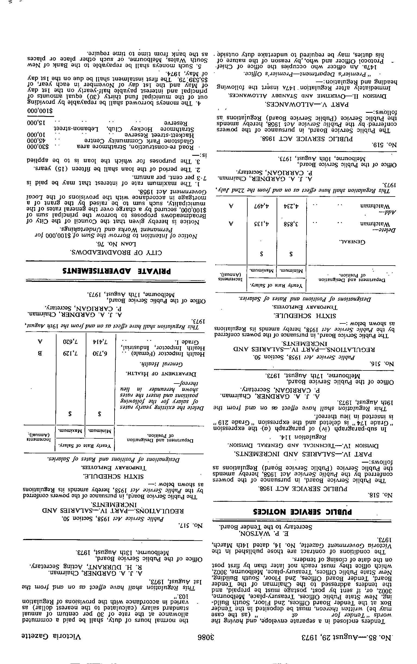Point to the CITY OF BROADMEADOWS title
116,252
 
